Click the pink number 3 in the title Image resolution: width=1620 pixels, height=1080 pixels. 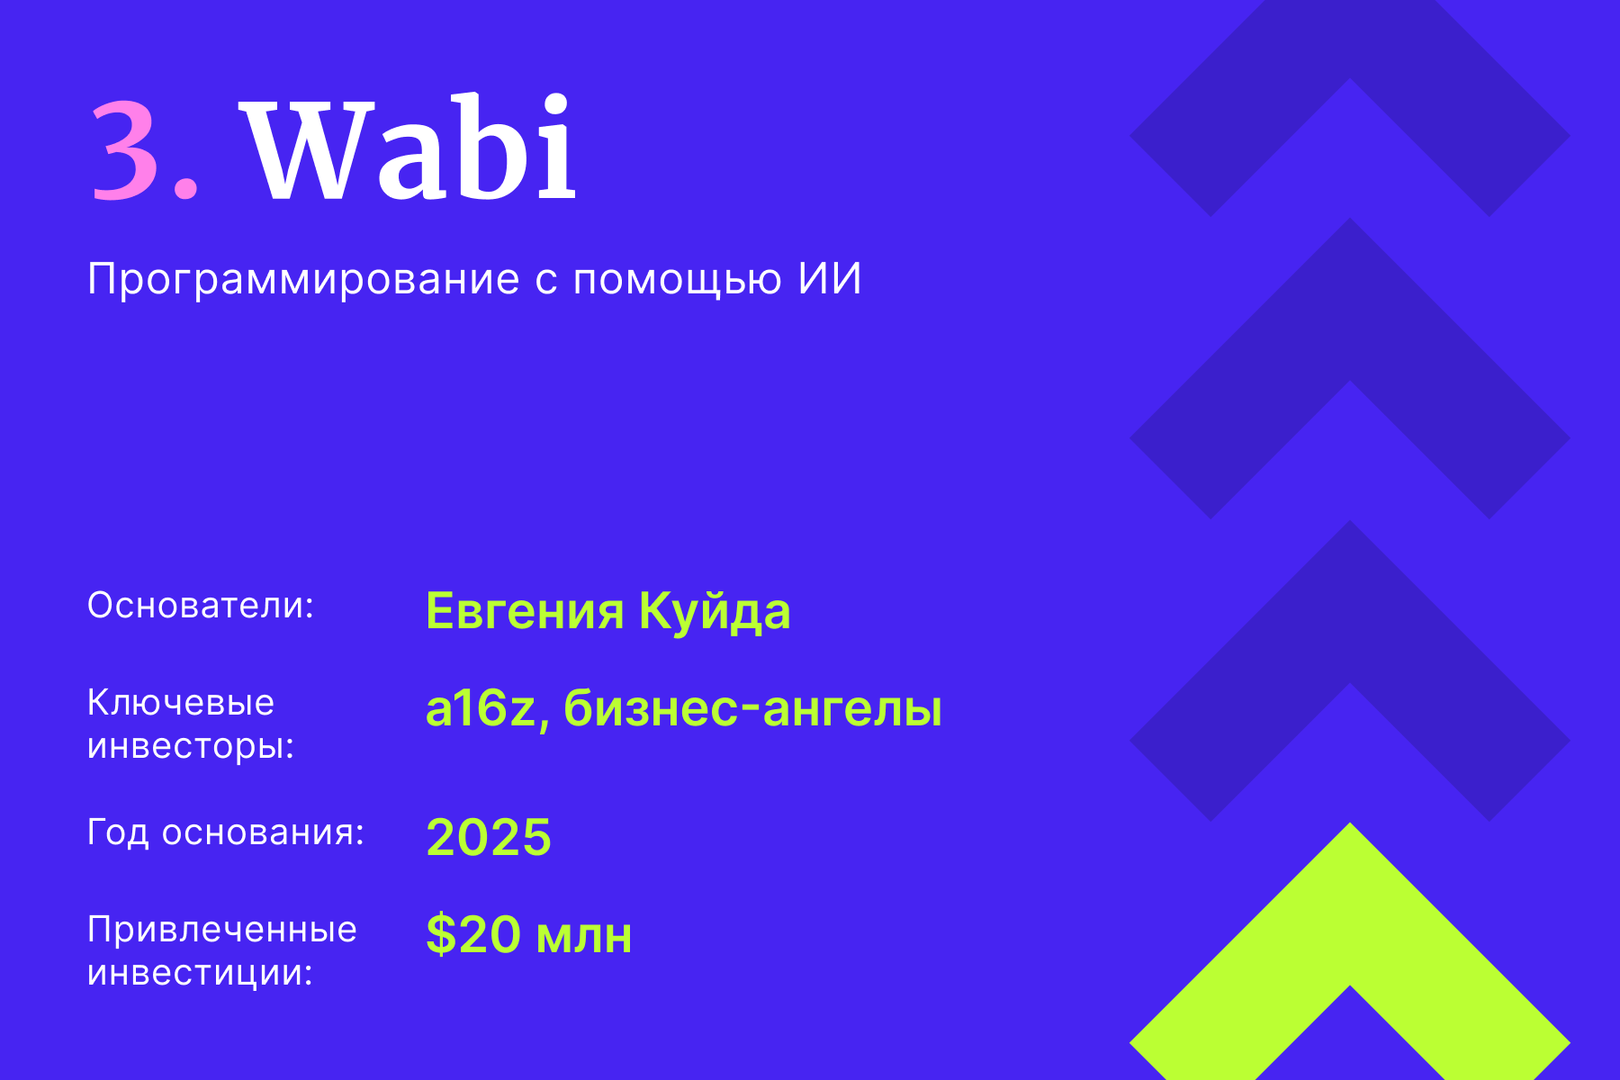point(126,148)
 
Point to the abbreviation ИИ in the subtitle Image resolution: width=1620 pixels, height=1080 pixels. point(830,278)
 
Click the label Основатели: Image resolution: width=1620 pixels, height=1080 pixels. point(200,606)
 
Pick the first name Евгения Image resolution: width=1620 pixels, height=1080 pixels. point(525,611)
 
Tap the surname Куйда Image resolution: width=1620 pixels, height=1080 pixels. point(715,611)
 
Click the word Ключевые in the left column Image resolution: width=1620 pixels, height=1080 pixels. point(180,703)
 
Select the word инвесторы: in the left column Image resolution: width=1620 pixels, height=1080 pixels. point(191,746)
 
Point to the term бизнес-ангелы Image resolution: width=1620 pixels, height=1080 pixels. point(752,708)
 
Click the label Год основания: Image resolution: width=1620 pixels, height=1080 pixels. point(225,832)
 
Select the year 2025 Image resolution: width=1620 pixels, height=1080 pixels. point(488,837)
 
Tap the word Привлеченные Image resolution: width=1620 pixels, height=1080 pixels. point(221,930)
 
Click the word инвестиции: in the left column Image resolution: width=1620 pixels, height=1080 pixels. point(200,973)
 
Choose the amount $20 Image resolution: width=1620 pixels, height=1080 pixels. point(473,934)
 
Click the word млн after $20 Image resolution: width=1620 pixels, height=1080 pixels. point(584,936)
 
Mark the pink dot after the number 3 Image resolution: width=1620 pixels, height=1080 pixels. point(186,187)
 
